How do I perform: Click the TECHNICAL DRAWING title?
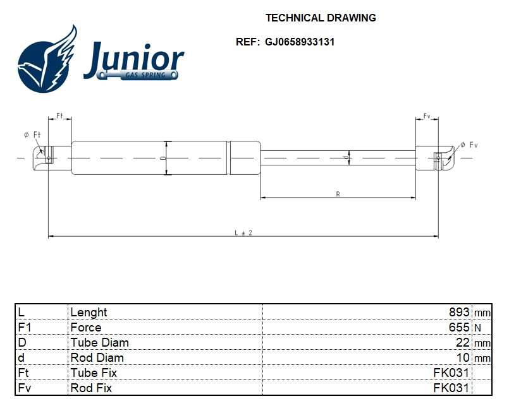[321, 18]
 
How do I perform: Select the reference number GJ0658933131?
[300, 42]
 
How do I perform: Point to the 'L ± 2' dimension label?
[243, 232]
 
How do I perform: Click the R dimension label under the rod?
[338, 194]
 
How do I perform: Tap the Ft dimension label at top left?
[60, 116]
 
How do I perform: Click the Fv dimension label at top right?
[427, 116]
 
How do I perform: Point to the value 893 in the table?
[458, 312]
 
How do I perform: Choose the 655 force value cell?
[459, 327]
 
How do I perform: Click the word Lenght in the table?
[89, 312]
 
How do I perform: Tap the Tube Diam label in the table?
[99, 342]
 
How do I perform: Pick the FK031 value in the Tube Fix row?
[451, 373]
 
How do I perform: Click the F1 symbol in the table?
[24, 327]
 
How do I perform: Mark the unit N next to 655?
[477, 328]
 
